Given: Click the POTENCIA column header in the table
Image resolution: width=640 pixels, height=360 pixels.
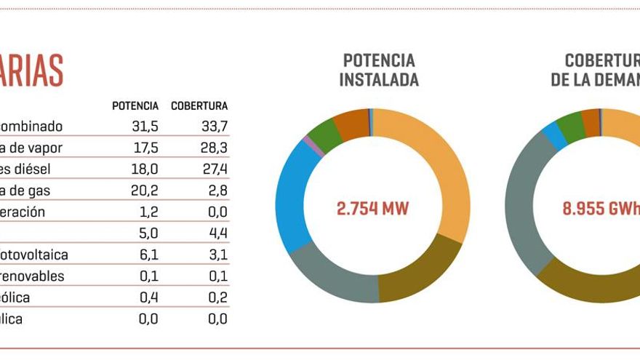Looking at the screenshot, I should [x=135, y=106].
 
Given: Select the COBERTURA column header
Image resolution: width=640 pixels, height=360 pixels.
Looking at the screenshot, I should [x=199, y=106].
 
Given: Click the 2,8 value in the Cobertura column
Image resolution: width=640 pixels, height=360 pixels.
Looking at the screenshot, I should [x=217, y=191].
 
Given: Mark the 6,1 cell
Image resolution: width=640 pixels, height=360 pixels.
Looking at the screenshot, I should [x=149, y=255].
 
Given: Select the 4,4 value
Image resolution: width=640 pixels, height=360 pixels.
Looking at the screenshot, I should [x=217, y=233].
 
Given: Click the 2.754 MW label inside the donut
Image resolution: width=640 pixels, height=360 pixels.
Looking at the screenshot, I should [x=372, y=209].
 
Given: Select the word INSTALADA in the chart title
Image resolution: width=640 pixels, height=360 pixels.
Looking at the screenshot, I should [x=379, y=80].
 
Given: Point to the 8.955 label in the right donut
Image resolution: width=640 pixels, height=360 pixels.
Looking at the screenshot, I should [x=588, y=209].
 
